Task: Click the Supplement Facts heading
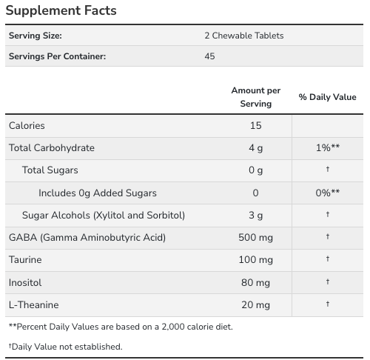[x=62, y=11]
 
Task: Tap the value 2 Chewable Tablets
[x=243, y=36]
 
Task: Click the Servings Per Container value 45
[x=210, y=56]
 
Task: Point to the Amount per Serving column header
[x=255, y=96]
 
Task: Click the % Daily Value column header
[x=327, y=97]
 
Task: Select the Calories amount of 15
[x=255, y=126]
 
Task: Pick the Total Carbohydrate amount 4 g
[x=255, y=148]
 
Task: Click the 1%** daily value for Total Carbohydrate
[x=327, y=148]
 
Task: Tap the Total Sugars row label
[x=50, y=170]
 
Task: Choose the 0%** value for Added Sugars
[x=327, y=193]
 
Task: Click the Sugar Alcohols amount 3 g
[x=255, y=215]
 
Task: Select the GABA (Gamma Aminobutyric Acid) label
[x=87, y=237]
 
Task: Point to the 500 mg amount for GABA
[x=255, y=237]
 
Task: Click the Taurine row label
[x=25, y=260]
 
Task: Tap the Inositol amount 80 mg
[x=255, y=282]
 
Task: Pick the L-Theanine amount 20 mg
[x=255, y=304]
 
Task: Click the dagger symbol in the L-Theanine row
[x=327, y=304]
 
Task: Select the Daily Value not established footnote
[x=65, y=347]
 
